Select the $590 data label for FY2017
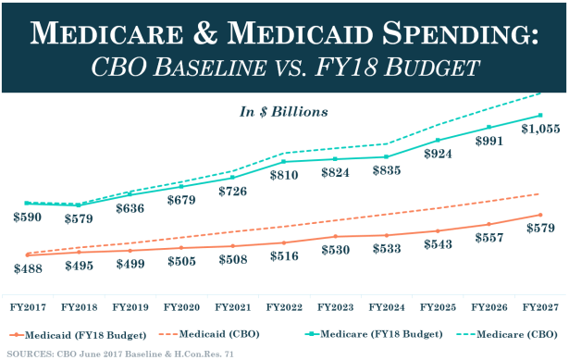(29, 217)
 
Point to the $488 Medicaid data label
(29, 267)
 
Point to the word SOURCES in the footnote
(33, 353)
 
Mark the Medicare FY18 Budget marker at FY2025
(438, 141)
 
